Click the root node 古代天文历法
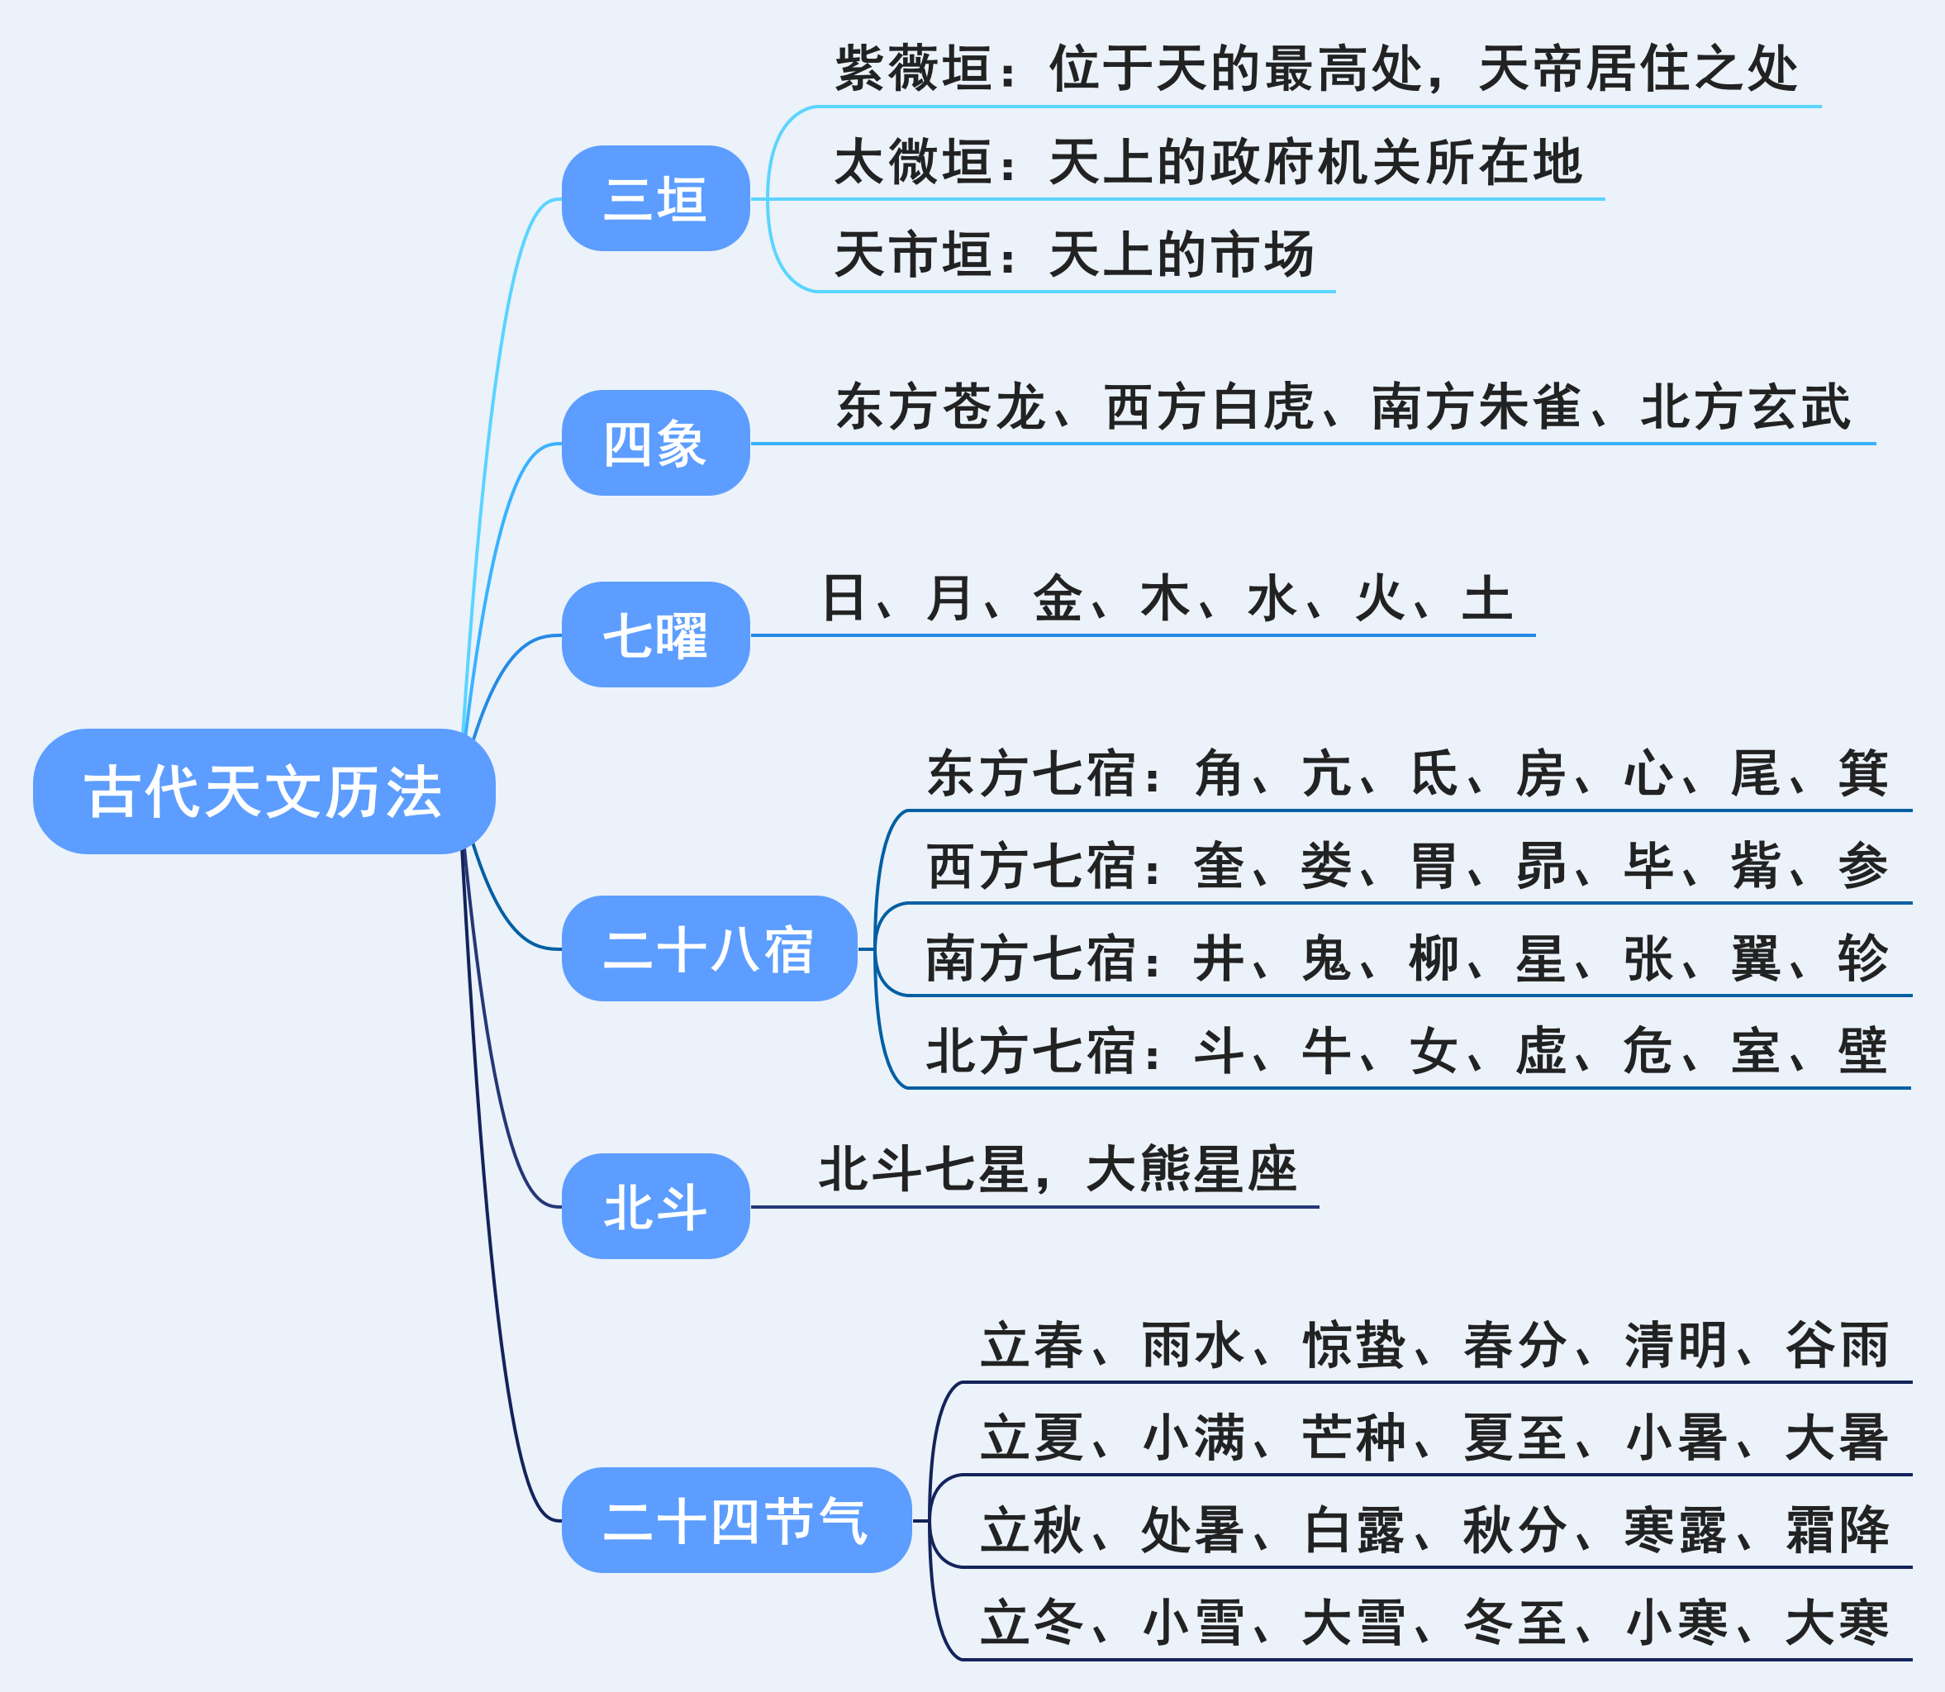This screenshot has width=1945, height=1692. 264,791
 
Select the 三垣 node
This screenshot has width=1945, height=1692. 655,198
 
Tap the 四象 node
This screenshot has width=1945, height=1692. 655,443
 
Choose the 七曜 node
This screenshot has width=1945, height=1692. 655,634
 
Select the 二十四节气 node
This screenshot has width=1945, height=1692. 736,1520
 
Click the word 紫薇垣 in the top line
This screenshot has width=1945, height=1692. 914,68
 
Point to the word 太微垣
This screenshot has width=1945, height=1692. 914,161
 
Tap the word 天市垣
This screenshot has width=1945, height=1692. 914,254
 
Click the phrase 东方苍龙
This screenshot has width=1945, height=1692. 940,407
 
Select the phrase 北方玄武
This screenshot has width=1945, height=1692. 1745,407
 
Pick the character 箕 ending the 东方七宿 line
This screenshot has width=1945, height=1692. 1862,773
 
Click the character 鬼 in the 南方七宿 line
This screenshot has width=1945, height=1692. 1325,958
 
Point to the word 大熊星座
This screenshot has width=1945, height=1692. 1191,1169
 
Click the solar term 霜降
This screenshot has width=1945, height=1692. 1837,1529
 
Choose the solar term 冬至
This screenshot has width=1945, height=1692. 1515,1622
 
